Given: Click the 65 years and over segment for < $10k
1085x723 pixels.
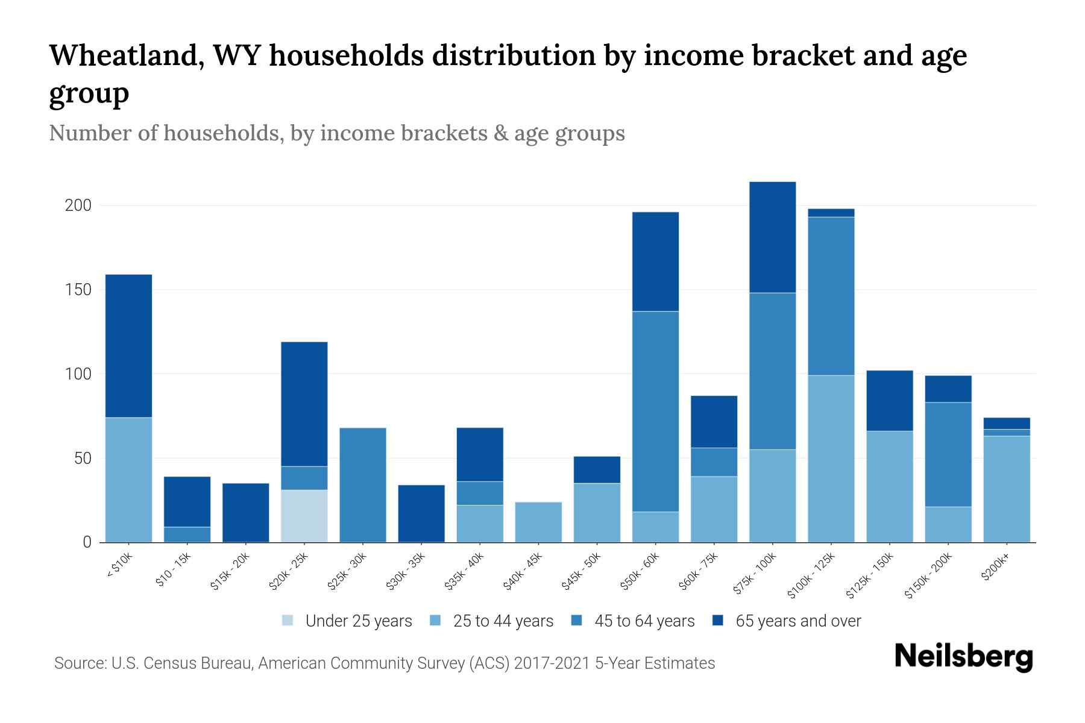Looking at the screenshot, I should [128, 346].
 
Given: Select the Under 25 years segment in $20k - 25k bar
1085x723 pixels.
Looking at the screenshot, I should [304, 516].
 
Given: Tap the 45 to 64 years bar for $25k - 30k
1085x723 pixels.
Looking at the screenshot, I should [363, 485].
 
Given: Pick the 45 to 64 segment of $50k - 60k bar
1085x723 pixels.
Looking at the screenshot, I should [655, 412].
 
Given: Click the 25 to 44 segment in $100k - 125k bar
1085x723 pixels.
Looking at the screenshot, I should [831, 459].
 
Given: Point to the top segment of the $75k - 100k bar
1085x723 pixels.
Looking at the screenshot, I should [772, 237].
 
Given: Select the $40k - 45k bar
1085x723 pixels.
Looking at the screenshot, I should [538, 522].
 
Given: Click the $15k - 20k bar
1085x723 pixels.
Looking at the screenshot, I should [245, 513].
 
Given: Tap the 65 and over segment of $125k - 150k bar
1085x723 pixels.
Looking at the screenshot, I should [889, 401].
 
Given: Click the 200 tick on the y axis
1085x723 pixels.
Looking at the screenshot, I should [78, 205].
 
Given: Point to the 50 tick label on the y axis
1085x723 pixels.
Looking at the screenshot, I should [82, 459].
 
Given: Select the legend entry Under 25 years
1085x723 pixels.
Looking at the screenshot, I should [358, 621].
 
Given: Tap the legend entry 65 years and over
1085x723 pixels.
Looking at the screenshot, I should [797, 621].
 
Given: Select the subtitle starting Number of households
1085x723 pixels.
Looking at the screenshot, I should [336, 133].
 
